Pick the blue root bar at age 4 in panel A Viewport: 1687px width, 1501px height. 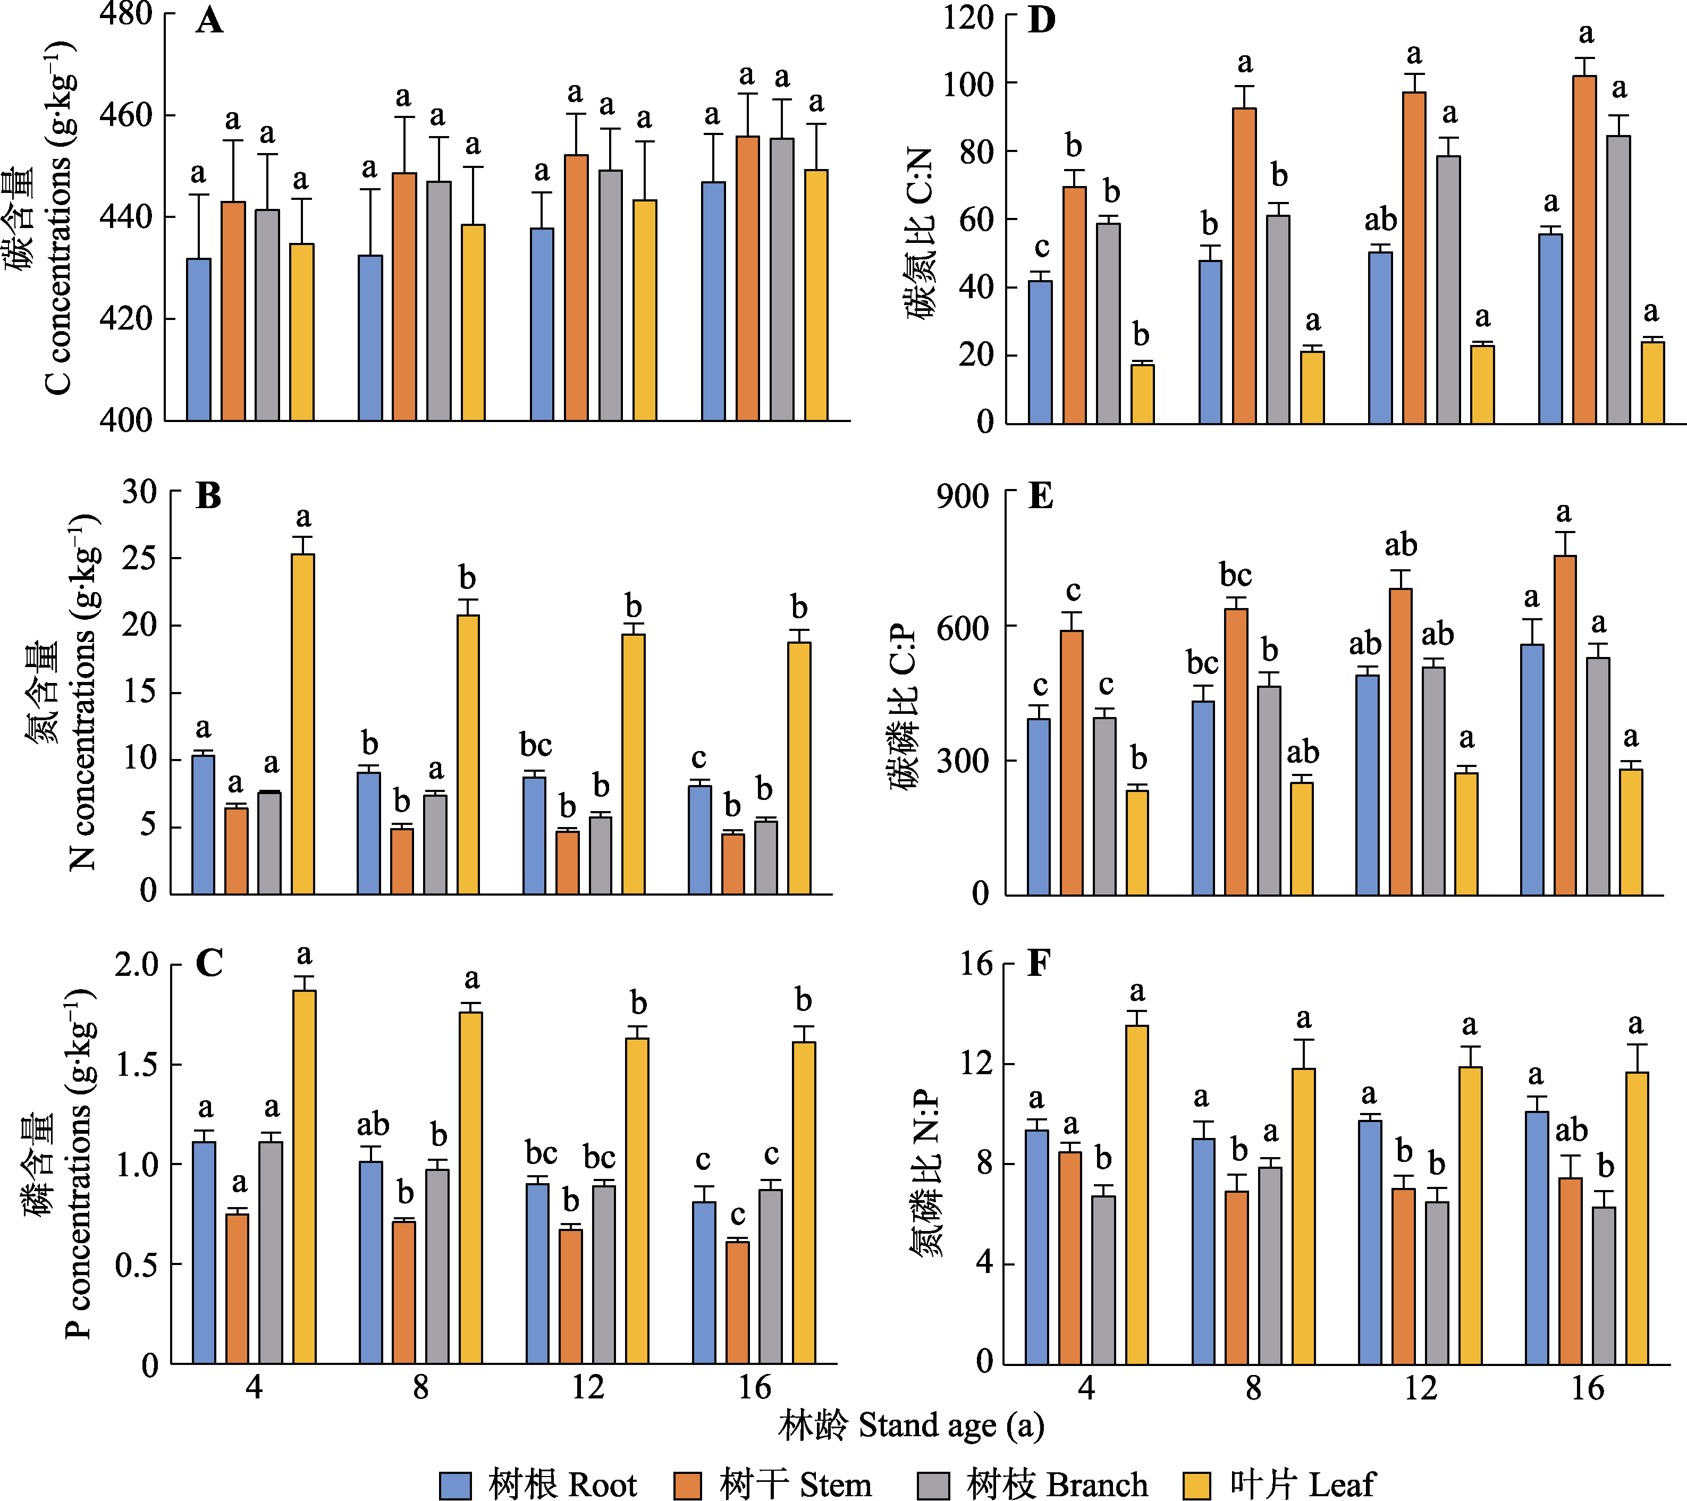tap(199, 340)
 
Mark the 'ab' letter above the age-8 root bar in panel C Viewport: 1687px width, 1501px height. tap(372, 1124)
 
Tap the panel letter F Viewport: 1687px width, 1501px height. tap(1038, 963)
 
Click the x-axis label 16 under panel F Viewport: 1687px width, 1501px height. tap(1587, 1389)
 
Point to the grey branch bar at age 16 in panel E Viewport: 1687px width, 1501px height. tap(1598, 775)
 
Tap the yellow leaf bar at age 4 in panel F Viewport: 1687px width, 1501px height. tap(1136, 1194)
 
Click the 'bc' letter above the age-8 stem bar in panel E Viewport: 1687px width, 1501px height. tap(1236, 575)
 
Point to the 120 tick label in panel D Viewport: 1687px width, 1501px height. tap(968, 16)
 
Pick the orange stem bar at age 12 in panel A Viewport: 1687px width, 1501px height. tap(576, 288)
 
